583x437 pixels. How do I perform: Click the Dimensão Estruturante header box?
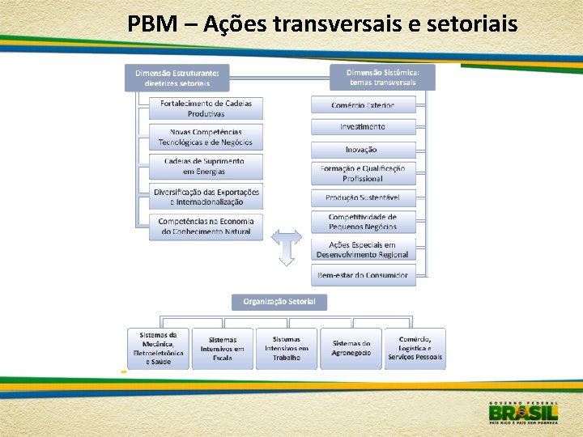[177, 78]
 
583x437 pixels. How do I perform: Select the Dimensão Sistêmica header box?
[382, 77]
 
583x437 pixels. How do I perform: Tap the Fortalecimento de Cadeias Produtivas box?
[206, 108]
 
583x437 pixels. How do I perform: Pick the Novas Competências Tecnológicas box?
[206, 137]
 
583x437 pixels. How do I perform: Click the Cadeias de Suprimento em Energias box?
[206, 167]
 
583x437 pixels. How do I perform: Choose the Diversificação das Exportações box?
[206, 197]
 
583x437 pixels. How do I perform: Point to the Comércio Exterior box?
[364, 104]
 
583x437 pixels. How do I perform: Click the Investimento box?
[364, 126]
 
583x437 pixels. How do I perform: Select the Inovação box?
[364, 150]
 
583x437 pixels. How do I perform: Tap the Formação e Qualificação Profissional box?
[364, 173]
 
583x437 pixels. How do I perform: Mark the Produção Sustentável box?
[364, 197]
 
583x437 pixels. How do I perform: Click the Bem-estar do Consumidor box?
[364, 275]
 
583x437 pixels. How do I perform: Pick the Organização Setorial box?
[280, 303]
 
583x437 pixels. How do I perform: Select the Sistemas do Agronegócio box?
[351, 349]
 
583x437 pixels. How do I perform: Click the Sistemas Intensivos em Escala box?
[222, 349]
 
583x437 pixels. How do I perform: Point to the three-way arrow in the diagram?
[286, 246]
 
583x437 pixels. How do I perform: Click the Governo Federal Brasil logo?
[523, 412]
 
